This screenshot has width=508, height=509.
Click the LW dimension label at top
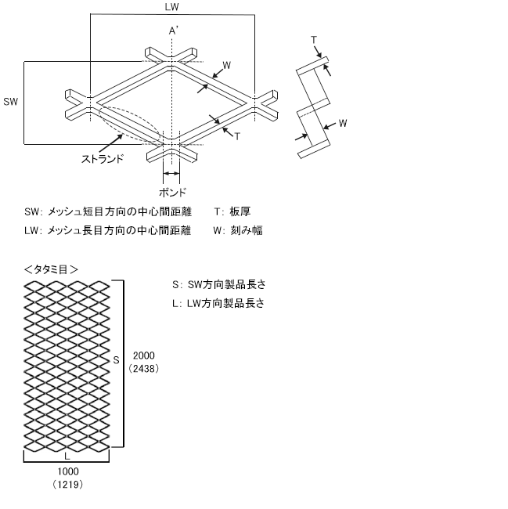[x=171, y=7]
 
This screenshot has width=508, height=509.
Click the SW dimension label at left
[x=10, y=102]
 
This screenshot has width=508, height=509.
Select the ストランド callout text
[x=103, y=159]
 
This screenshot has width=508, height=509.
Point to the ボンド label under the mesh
[x=172, y=191]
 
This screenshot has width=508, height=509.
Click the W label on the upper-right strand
[x=226, y=64]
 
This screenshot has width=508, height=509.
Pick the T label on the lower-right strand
[x=237, y=135]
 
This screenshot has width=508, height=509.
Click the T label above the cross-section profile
[x=314, y=39]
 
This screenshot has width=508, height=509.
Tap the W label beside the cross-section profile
[x=342, y=124]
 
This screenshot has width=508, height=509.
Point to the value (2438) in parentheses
[x=146, y=368]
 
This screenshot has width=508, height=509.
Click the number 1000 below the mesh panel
[x=67, y=471]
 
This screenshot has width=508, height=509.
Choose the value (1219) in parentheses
[x=67, y=485]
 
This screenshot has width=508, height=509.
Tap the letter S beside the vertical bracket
[x=116, y=360]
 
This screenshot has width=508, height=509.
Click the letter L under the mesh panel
[x=67, y=453]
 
